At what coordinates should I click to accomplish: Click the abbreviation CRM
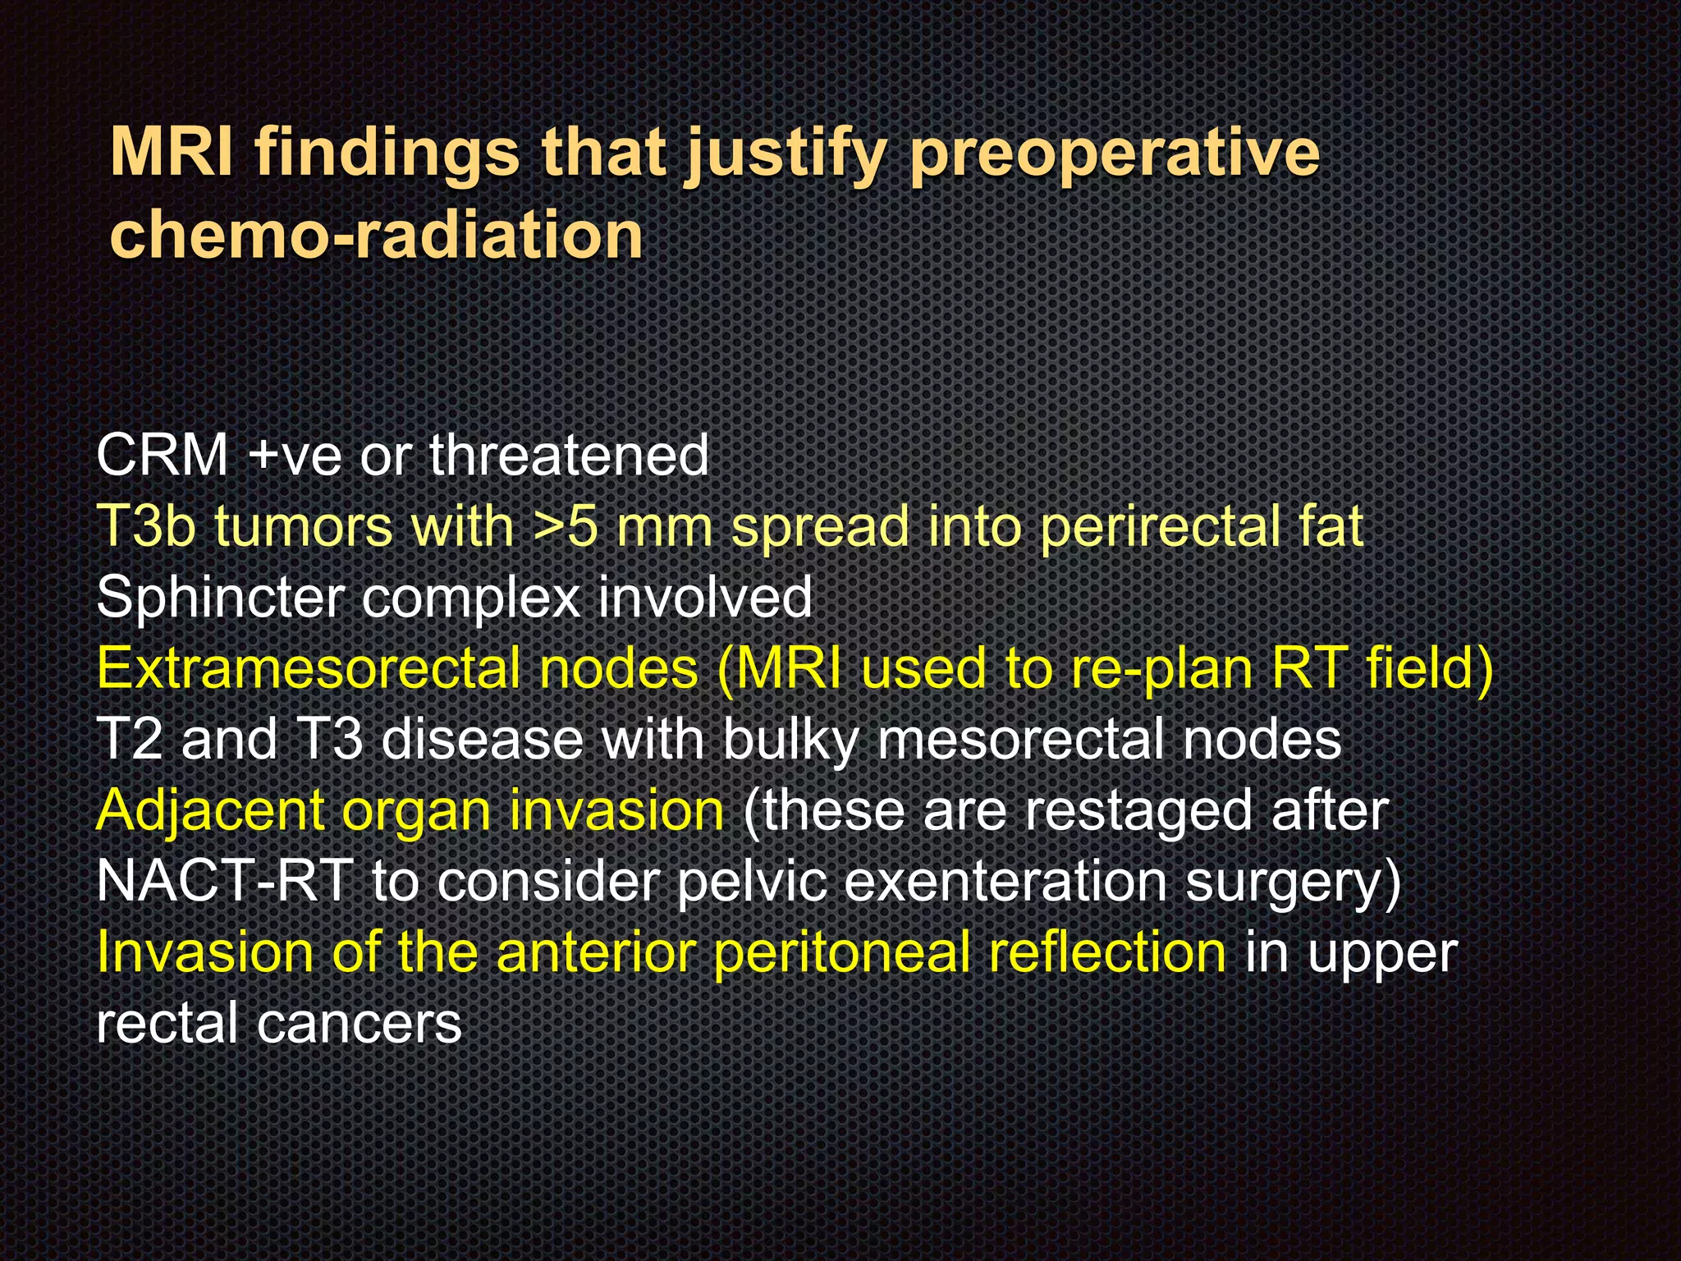click(x=162, y=455)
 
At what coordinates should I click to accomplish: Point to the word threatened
click(x=569, y=455)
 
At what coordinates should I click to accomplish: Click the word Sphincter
click(x=219, y=598)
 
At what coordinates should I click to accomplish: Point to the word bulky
click(x=789, y=740)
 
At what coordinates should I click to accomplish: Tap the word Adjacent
click(x=210, y=811)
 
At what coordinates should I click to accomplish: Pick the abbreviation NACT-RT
click(x=224, y=882)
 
